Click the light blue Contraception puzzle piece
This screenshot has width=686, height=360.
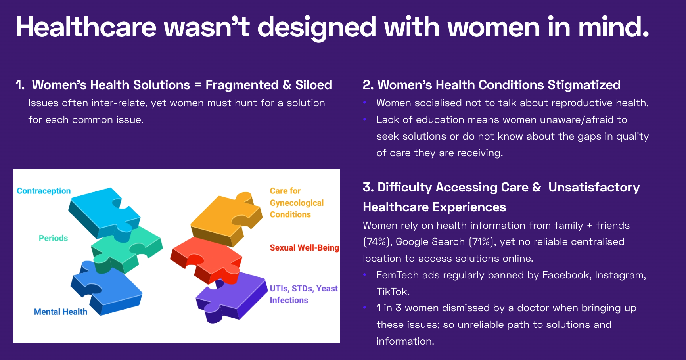pos(104,213)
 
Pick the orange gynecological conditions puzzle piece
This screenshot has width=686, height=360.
pos(226,218)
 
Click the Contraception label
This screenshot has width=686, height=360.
pos(44,191)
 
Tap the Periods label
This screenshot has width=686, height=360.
pos(53,238)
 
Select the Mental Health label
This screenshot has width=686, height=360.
pos(61,312)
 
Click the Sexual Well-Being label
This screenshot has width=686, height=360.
pos(305,248)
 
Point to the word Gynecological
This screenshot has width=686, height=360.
pos(297,203)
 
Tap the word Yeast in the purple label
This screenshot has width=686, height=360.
pos(327,289)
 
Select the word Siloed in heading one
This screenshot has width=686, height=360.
pos(313,85)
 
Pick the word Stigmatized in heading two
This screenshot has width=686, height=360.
pos(584,85)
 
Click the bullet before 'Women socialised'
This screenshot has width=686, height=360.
pos(365,103)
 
